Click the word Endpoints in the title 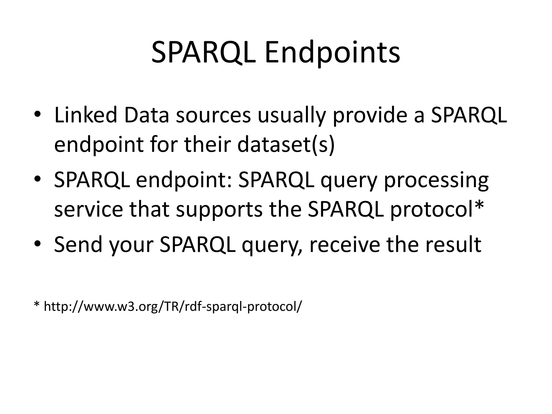(x=332, y=53)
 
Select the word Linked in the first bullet (x=85, y=115)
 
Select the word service (x=89, y=209)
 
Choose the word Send (x=78, y=244)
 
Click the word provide (x=378, y=115)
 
